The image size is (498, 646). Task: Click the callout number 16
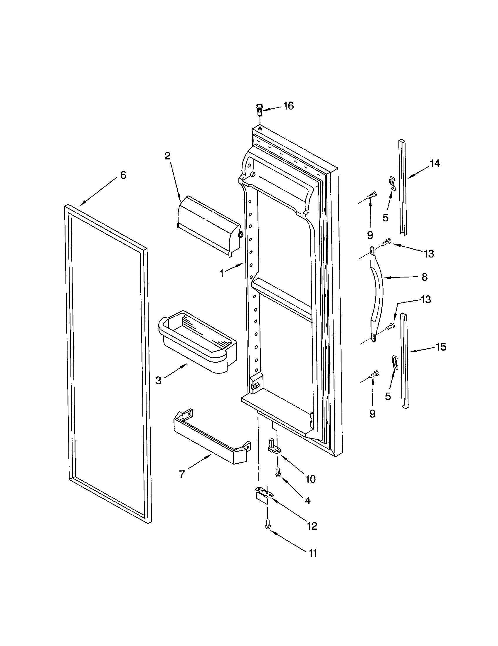coord(288,106)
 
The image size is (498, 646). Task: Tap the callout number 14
coord(434,163)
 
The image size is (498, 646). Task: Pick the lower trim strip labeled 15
coord(405,361)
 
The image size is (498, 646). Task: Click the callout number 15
coord(441,347)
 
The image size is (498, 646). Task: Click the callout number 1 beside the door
coord(222,273)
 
